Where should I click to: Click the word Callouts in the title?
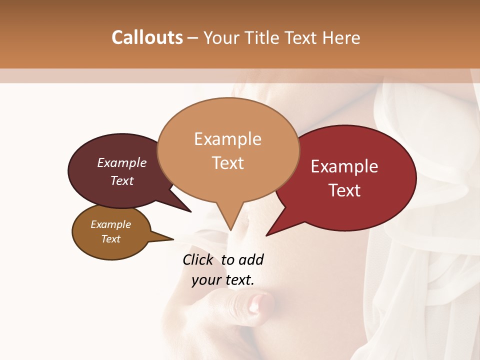tap(147, 37)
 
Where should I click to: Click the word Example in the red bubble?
tap(344, 166)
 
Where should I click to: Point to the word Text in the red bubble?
tap(344, 190)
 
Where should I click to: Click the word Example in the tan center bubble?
tap(227, 139)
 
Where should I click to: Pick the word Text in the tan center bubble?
tap(228, 163)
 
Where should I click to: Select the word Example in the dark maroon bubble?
tap(122, 163)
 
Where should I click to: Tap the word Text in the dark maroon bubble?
tap(122, 180)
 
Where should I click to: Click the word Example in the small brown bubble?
tap(110, 224)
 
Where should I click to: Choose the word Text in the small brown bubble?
tap(110, 239)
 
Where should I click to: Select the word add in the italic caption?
tap(251, 259)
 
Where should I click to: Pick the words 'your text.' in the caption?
tap(223, 280)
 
